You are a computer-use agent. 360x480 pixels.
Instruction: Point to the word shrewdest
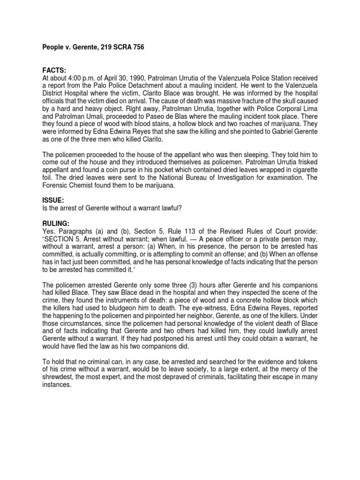[x=58, y=375]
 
